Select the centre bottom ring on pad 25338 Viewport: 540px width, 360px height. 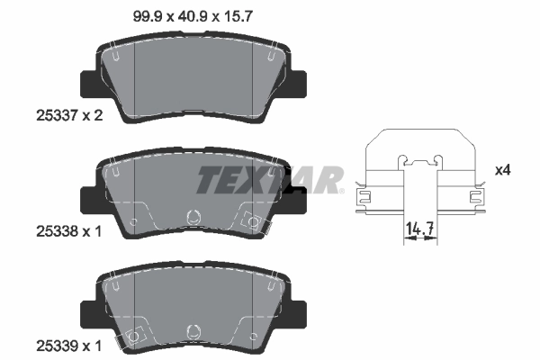click(x=191, y=217)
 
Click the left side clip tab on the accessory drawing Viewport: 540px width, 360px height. click(x=364, y=193)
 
